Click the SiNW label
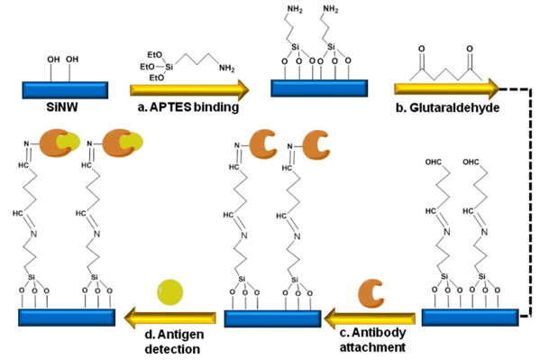[x=62, y=106]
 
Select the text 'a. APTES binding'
[x=188, y=107]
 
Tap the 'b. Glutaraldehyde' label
[x=447, y=108]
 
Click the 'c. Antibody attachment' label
[x=372, y=339]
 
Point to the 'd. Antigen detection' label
[x=174, y=342]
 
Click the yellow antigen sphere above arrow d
[x=170, y=292]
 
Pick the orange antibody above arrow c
[x=371, y=293]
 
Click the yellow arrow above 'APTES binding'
[x=189, y=90]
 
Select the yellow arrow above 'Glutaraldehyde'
[x=447, y=89]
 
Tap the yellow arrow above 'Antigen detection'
[x=170, y=318]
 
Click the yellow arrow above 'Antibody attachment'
[x=370, y=318]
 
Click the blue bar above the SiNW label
[x=65, y=90]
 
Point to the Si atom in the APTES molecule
[x=169, y=67]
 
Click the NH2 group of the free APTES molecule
[x=226, y=68]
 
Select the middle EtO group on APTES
[x=147, y=67]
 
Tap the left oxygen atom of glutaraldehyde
[x=422, y=49]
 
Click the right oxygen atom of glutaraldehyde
[x=470, y=49]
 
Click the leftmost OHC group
[x=434, y=162]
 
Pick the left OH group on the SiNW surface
[x=53, y=60]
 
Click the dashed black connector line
[x=532, y=203]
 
